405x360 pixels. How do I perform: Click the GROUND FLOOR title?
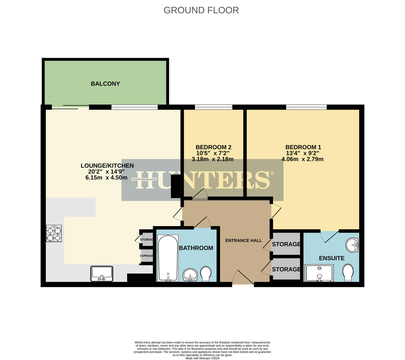point(201,10)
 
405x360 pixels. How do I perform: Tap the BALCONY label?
point(105,84)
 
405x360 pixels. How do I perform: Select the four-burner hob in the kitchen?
point(54,233)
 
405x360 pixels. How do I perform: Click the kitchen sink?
point(102,273)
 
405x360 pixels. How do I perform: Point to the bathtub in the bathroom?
point(168,258)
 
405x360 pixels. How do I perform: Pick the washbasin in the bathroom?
point(190,275)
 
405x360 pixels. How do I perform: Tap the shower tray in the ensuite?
point(319,273)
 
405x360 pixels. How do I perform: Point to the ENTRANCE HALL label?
point(244,241)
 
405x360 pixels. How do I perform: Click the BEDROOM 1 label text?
point(303,147)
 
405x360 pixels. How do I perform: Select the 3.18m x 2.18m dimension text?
point(213,159)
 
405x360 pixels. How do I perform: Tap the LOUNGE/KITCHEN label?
point(107,166)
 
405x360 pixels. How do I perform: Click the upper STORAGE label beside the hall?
point(286,244)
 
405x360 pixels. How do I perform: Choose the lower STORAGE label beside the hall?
point(286,269)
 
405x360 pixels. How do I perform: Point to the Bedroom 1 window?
point(306,107)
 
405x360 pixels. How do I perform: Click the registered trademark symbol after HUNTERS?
point(272,173)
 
